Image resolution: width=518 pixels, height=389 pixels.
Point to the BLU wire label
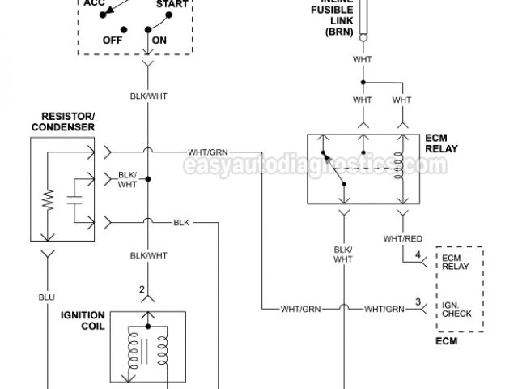tap(47, 297)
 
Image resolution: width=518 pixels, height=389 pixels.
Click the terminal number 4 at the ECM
tap(418, 257)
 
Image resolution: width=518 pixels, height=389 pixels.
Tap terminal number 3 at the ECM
tap(418, 302)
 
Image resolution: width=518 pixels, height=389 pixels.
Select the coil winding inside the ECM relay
tap(400, 166)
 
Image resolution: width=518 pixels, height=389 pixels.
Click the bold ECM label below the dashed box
tap(446, 340)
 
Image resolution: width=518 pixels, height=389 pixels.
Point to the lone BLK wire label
tap(181, 221)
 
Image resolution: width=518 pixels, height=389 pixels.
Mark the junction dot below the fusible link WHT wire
tap(363, 82)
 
